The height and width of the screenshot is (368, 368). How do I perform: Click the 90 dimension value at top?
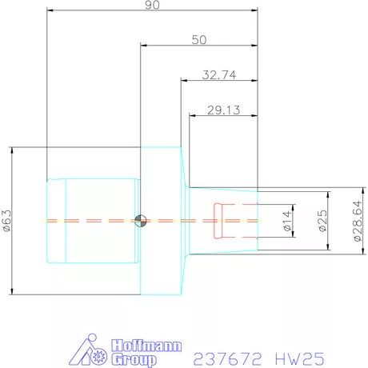coord(153,6)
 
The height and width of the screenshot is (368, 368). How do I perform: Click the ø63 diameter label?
coord(7,221)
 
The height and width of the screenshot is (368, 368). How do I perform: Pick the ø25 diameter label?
coord(322,221)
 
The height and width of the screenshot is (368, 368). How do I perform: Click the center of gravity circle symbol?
coord(141,221)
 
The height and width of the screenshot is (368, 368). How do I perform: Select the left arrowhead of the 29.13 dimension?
coord(193,116)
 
